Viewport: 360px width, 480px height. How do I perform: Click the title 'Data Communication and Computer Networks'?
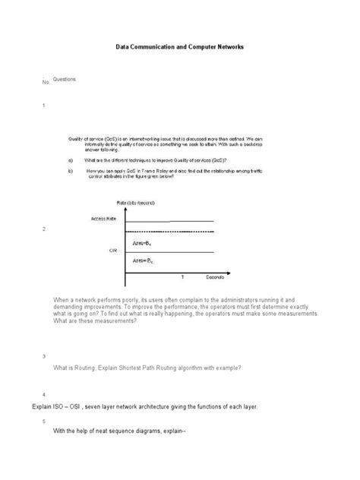(179, 47)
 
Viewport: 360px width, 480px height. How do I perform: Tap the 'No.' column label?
(45, 82)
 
